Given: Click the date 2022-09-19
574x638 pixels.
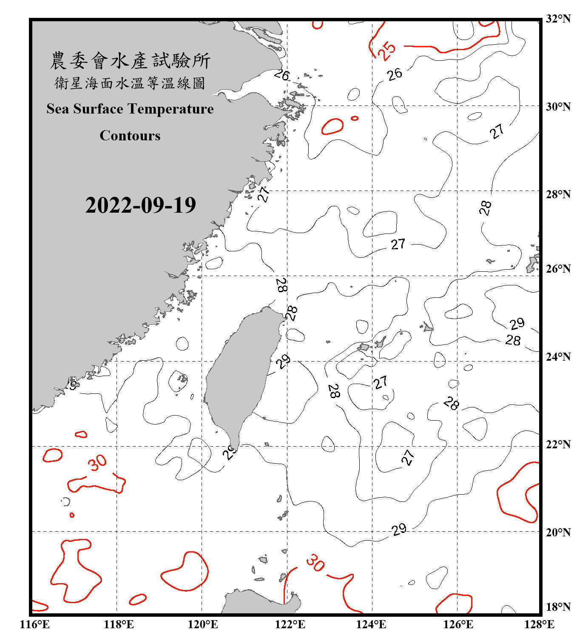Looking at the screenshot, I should (x=140, y=205).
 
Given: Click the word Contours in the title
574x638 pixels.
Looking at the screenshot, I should (x=130, y=136).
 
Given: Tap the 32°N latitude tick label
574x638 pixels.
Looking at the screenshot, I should (x=558, y=19).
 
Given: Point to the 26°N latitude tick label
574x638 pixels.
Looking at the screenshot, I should (x=558, y=269).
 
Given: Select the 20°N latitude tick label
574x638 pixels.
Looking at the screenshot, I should (x=558, y=532).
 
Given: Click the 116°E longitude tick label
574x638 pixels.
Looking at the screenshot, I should (x=35, y=624).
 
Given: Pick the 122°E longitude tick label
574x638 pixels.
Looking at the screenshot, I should (x=290, y=624).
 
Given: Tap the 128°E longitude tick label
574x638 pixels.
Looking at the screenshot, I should (x=539, y=624).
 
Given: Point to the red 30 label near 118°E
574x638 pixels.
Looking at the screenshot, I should (x=97, y=463).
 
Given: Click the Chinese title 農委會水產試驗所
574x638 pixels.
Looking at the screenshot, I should (x=130, y=61).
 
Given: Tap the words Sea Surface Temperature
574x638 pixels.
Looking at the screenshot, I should (x=130, y=109).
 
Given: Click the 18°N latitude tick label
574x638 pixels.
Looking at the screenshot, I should (x=558, y=607).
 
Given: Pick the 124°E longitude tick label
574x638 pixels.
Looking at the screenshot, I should (x=371, y=624).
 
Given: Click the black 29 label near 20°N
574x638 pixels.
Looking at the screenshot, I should (x=399, y=530).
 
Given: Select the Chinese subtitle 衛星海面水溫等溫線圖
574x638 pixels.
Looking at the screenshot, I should (x=130, y=83).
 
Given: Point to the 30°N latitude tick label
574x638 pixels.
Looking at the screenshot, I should (x=558, y=107).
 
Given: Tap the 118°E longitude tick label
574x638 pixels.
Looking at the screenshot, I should (x=119, y=624).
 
